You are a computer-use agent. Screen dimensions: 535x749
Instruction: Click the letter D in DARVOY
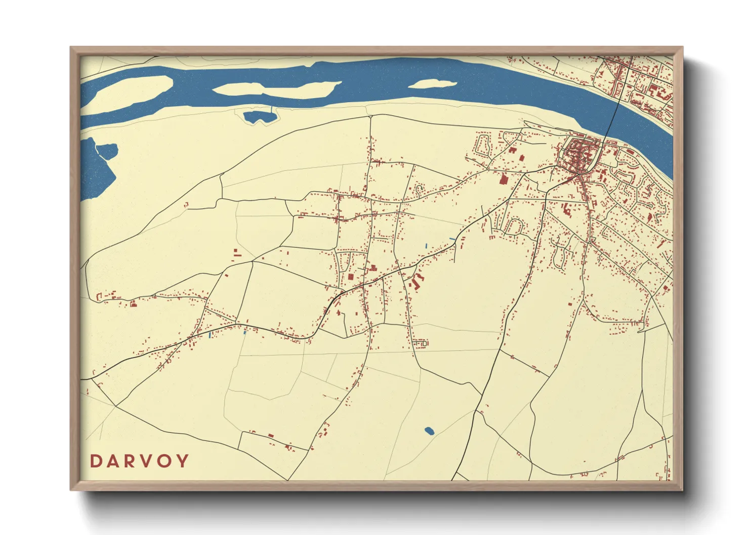[96, 461]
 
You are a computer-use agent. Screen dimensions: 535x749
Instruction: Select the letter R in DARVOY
[131, 461]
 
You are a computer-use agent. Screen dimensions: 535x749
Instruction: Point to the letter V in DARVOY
[148, 461]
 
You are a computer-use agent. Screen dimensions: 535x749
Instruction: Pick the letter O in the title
[165, 461]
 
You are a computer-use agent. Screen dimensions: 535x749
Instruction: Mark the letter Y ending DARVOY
[183, 461]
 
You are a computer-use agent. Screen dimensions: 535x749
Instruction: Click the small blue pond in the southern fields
[429, 431]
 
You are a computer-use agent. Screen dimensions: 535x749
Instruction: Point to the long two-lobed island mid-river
[273, 90]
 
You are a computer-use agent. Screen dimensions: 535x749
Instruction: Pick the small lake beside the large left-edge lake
[108, 150]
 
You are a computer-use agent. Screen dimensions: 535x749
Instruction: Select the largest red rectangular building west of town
[504, 179]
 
